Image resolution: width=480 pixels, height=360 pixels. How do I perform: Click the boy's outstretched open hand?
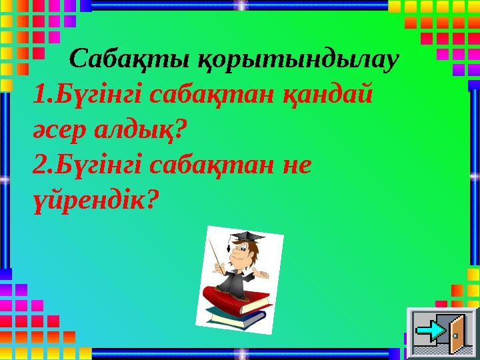[265, 273]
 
